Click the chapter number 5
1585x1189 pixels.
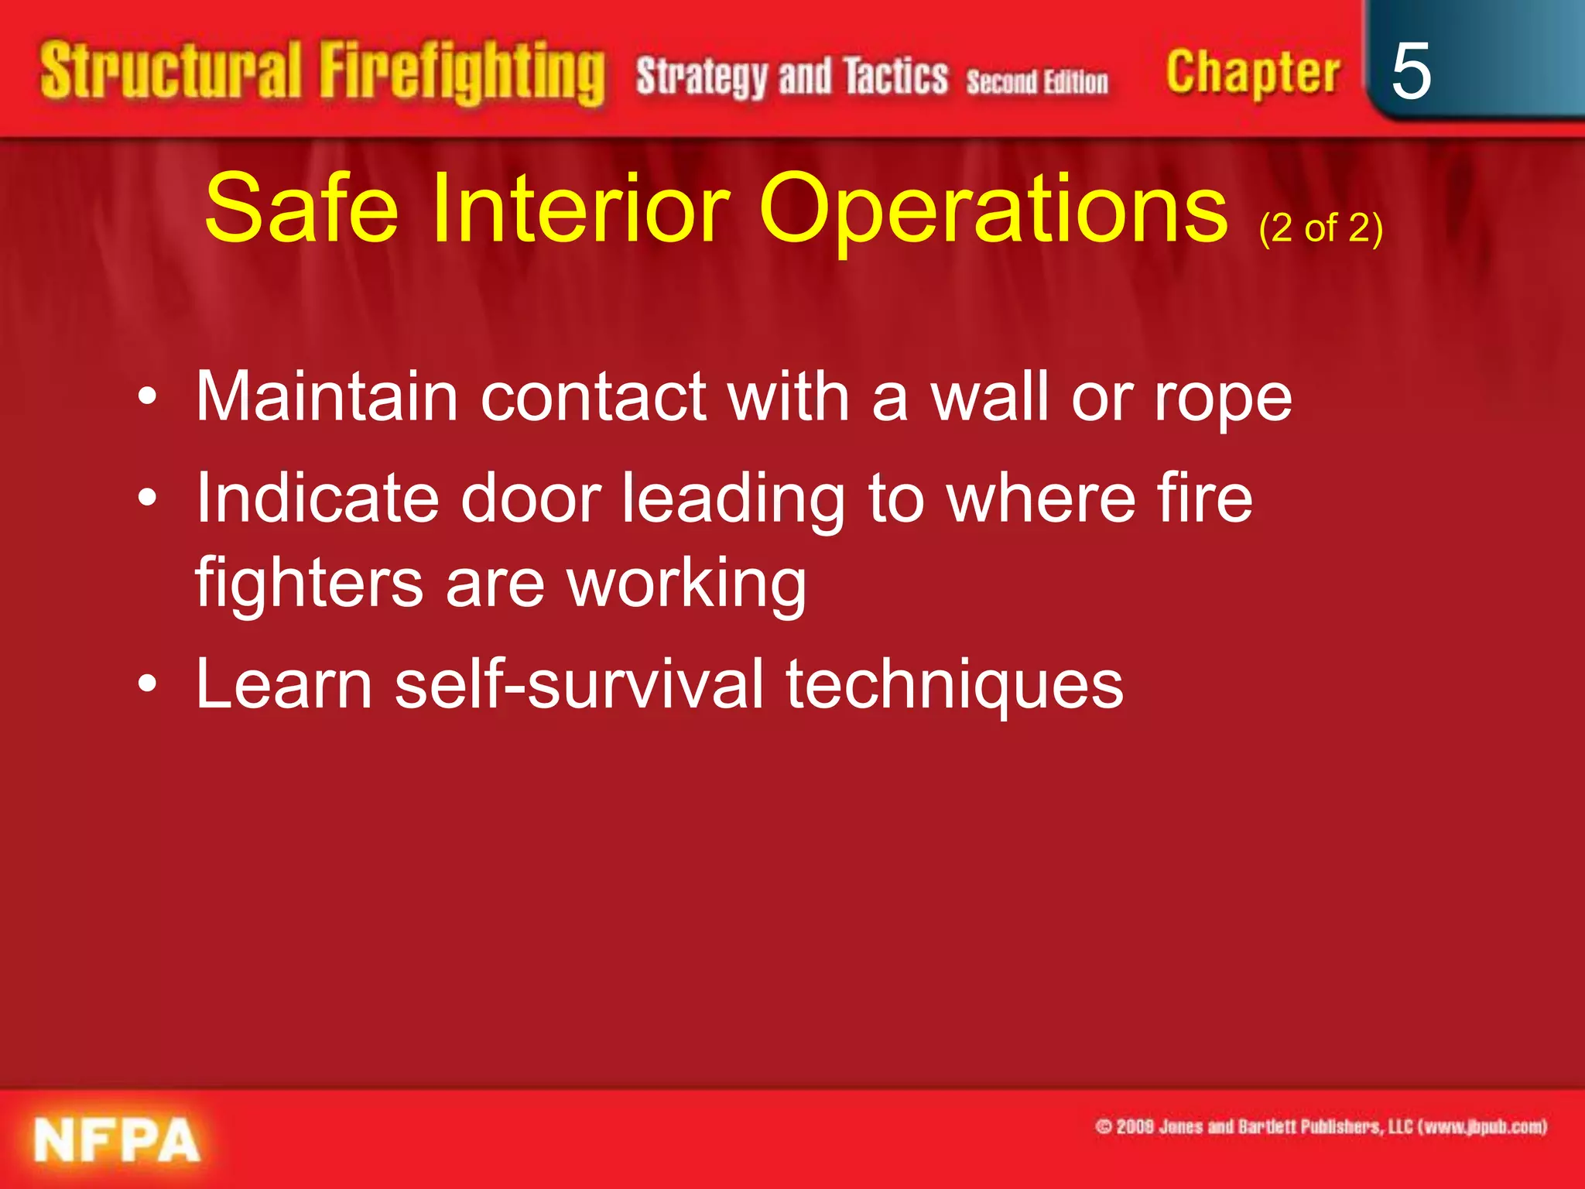tap(1410, 71)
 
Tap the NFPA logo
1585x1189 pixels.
tap(116, 1139)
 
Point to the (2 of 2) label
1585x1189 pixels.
tap(1320, 228)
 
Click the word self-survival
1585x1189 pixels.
tap(579, 684)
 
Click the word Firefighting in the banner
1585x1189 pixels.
tap(462, 74)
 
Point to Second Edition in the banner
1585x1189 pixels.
tap(1036, 81)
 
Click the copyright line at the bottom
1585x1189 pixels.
tap(1320, 1126)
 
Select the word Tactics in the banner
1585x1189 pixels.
tap(895, 77)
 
